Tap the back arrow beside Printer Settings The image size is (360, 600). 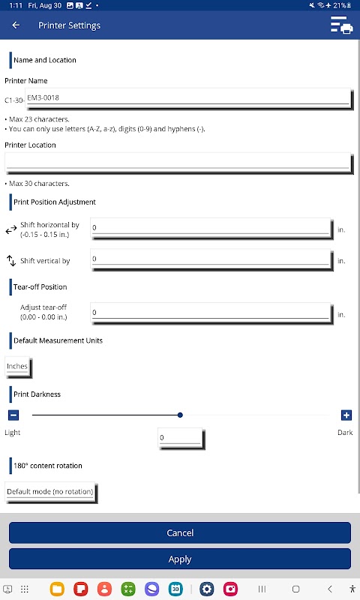(x=16, y=25)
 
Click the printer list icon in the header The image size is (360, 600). (x=342, y=25)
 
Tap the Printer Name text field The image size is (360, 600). (x=188, y=98)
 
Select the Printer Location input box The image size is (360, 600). (x=178, y=163)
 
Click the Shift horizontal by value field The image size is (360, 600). (x=211, y=229)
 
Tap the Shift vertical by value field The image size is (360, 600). (x=211, y=259)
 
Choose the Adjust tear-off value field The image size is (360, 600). (x=211, y=313)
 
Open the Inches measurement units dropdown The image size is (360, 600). (x=17, y=367)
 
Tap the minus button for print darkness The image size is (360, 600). (x=13, y=415)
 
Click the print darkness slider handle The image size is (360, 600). (x=180, y=415)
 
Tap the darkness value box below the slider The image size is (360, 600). (x=181, y=438)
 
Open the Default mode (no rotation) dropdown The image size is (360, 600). (x=50, y=492)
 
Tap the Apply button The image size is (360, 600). (x=180, y=559)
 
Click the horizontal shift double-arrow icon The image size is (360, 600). (x=11, y=229)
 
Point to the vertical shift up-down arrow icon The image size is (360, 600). (x=11, y=260)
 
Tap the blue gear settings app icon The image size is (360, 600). (x=206, y=589)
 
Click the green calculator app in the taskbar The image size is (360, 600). (x=128, y=589)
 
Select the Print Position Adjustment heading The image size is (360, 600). (x=55, y=202)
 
